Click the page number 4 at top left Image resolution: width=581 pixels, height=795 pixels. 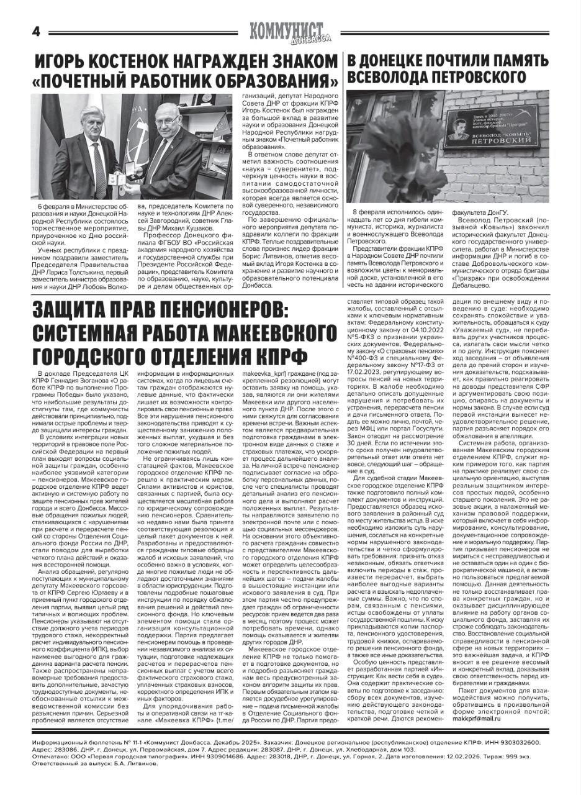(x=36, y=31)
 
